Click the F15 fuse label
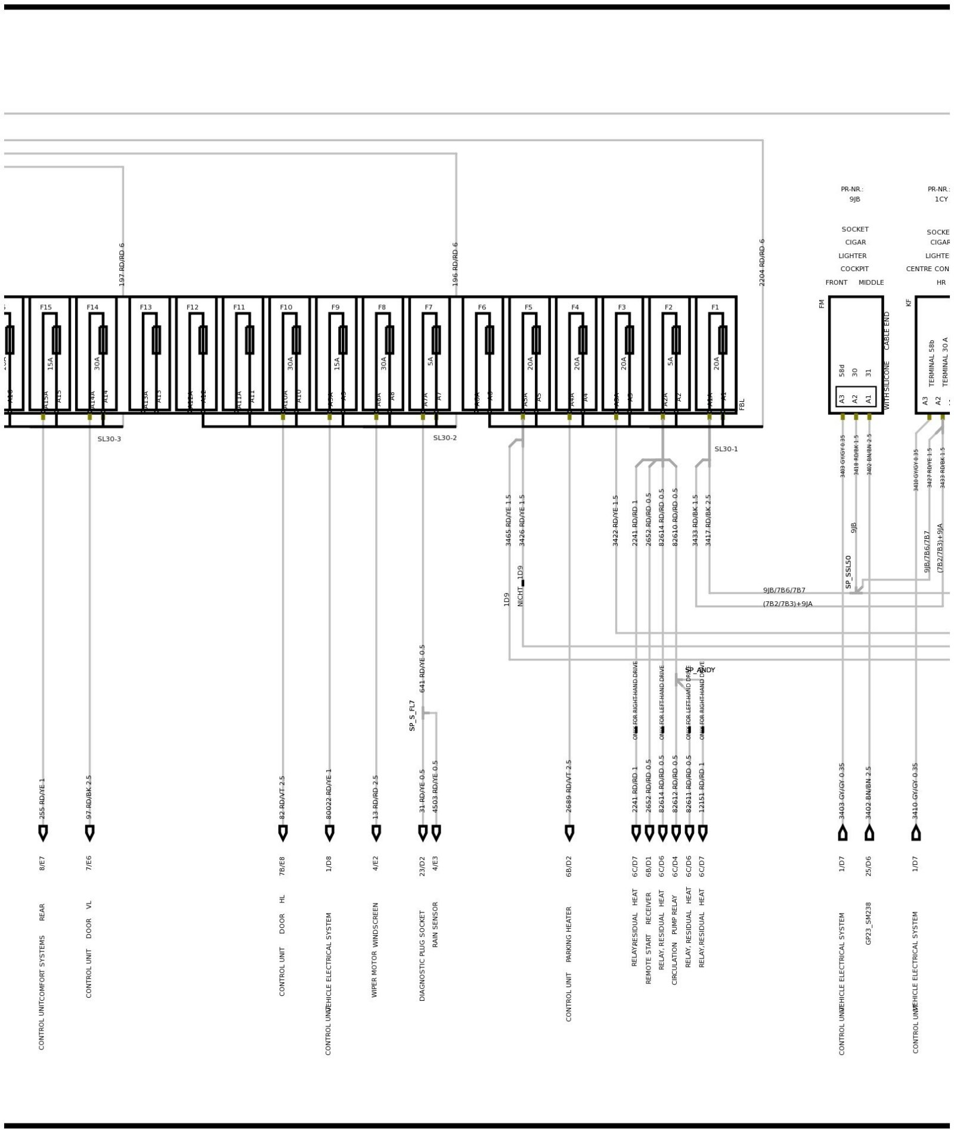point(46,308)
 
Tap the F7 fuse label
point(429,308)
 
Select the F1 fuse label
point(715,308)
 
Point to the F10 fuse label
point(286,308)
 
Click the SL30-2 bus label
point(445,438)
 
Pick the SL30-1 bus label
point(726,449)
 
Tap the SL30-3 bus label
point(109,439)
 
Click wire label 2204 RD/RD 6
point(762,263)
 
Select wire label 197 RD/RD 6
point(122,264)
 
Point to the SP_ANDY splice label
point(700,670)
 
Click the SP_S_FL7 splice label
point(412,715)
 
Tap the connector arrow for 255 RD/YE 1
point(43,833)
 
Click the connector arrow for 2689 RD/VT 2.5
point(569,833)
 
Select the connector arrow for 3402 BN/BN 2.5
point(869,833)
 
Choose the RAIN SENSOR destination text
point(435,924)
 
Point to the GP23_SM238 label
point(869,923)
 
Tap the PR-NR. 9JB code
point(854,199)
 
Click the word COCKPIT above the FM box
point(854,269)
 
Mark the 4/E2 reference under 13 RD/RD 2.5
point(376,864)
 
